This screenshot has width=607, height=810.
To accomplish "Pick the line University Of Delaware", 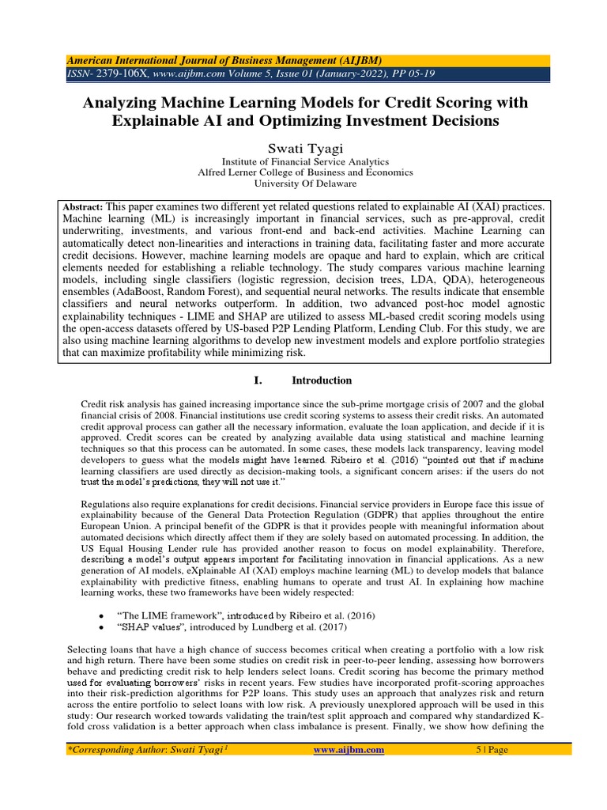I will [x=304, y=184].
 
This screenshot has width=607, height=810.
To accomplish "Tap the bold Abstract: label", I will [x=85, y=205].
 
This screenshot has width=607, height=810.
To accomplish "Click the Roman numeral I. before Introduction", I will [x=258, y=380].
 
